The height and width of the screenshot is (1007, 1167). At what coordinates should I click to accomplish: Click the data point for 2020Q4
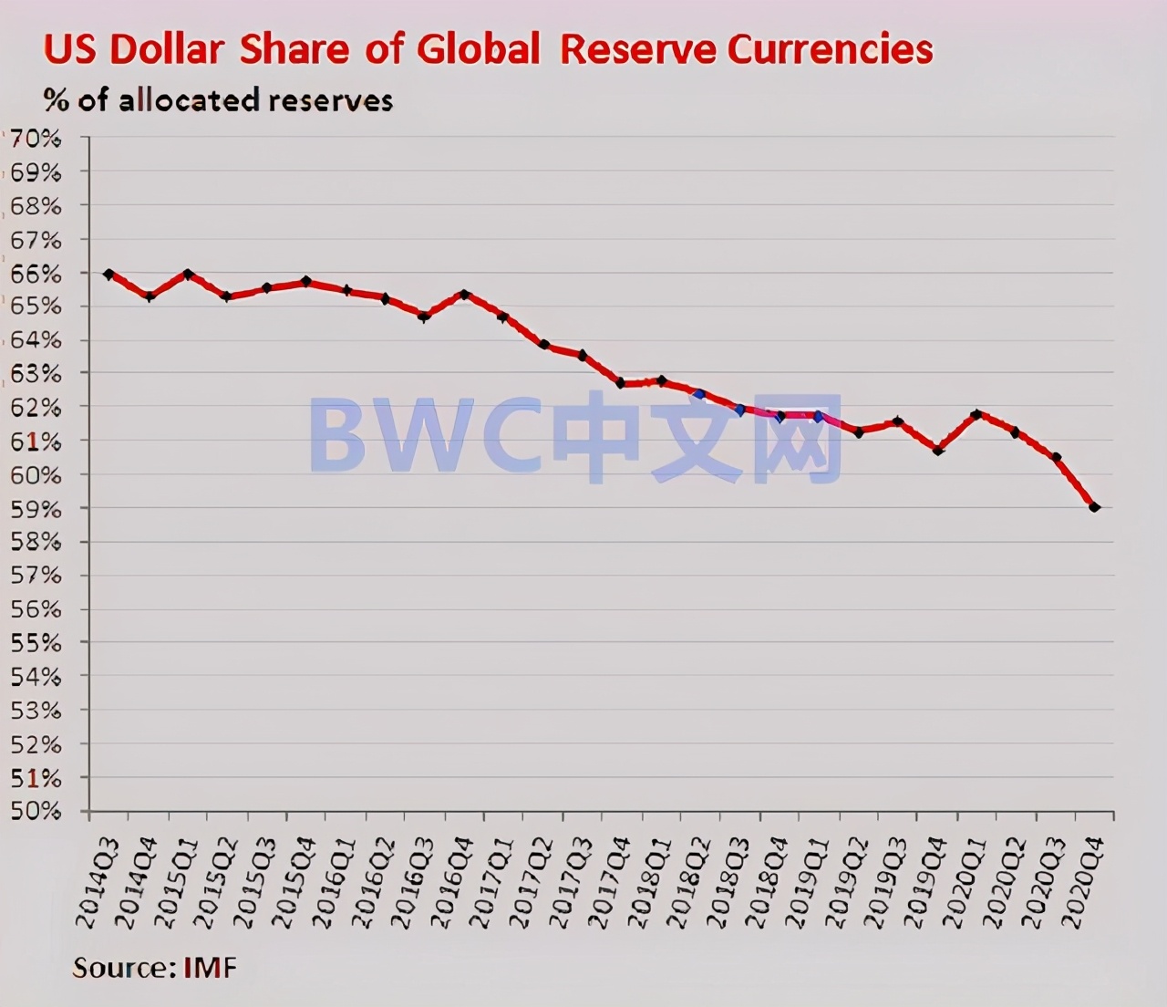pos(1094,507)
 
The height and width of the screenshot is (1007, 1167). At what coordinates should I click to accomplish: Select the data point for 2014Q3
pos(108,275)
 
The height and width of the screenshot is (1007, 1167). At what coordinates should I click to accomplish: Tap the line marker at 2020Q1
pos(976,414)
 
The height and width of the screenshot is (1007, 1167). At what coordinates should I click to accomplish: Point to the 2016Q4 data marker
pos(464,295)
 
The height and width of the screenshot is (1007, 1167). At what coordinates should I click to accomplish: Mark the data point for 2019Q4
pos(937,450)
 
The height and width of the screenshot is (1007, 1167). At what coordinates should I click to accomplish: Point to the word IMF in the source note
pos(210,967)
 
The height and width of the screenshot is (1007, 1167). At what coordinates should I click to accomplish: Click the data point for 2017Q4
pos(621,383)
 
